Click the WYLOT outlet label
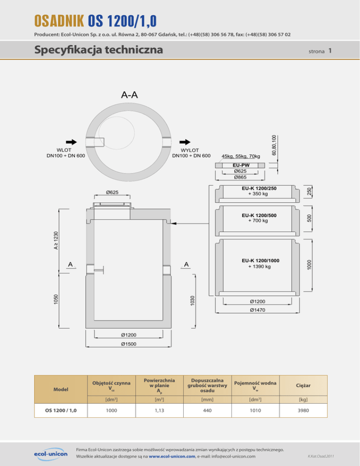pyautogui.click(x=191, y=150)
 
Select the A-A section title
pyautogui.click(x=129, y=95)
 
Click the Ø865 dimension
pyautogui.click(x=241, y=177)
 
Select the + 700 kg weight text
pyautogui.click(x=258, y=220)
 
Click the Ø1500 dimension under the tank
pyautogui.click(x=128, y=344)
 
